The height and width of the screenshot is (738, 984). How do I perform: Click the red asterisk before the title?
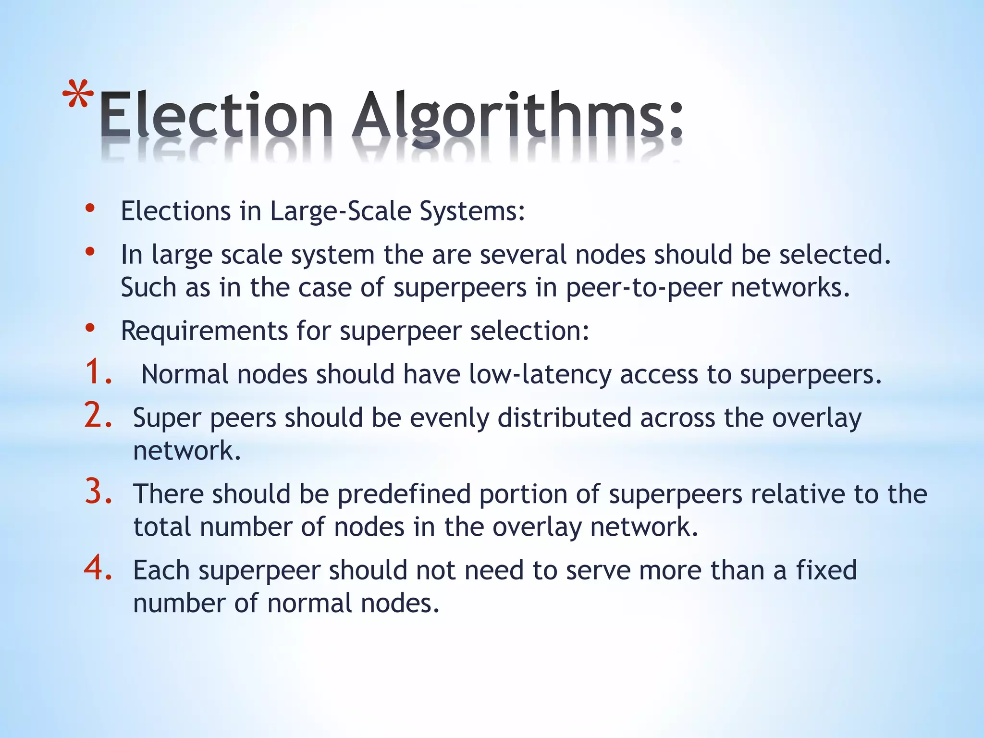[78, 95]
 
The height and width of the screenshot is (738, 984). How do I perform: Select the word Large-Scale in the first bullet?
[341, 211]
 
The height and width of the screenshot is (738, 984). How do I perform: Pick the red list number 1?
[98, 372]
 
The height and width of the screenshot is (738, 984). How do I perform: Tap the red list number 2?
[98, 415]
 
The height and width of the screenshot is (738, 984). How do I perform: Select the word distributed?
[564, 418]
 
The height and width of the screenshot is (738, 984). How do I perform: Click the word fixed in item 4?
[826, 570]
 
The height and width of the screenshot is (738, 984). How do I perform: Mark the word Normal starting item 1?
[185, 374]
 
